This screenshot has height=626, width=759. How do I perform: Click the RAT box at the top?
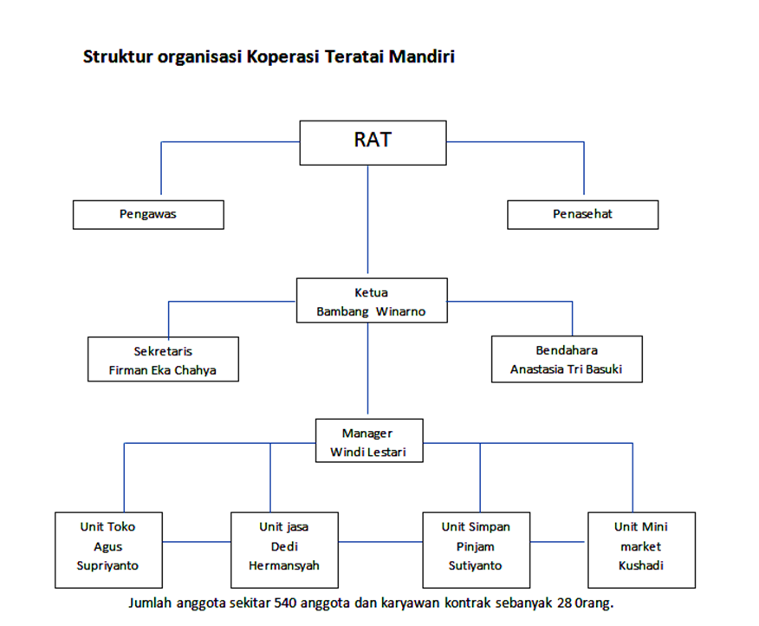click(x=373, y=142)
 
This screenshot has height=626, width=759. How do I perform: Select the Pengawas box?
click(x=148, y=214)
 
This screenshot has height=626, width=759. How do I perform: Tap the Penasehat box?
click(x=582, y=214)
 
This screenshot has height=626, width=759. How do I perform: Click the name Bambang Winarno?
click(x=371, y=311)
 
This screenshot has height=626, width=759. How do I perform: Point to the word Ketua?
click(x=371, y=293)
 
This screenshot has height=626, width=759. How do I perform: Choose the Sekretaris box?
click(x=163, y=359)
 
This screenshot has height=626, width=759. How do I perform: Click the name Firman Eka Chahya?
click(x=163, y=369)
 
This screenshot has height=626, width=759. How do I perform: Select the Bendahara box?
click(x=567, y=359)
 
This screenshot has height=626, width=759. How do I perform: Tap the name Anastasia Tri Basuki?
click(x=567, y=368)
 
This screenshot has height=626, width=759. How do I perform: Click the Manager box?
click(x=368, y=440)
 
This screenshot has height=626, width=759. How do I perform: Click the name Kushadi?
click(x=641, y=566)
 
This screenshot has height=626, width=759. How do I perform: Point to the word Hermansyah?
click(x=284, y=566)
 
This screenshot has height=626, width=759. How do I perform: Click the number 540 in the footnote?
click(x=287, y=603)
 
